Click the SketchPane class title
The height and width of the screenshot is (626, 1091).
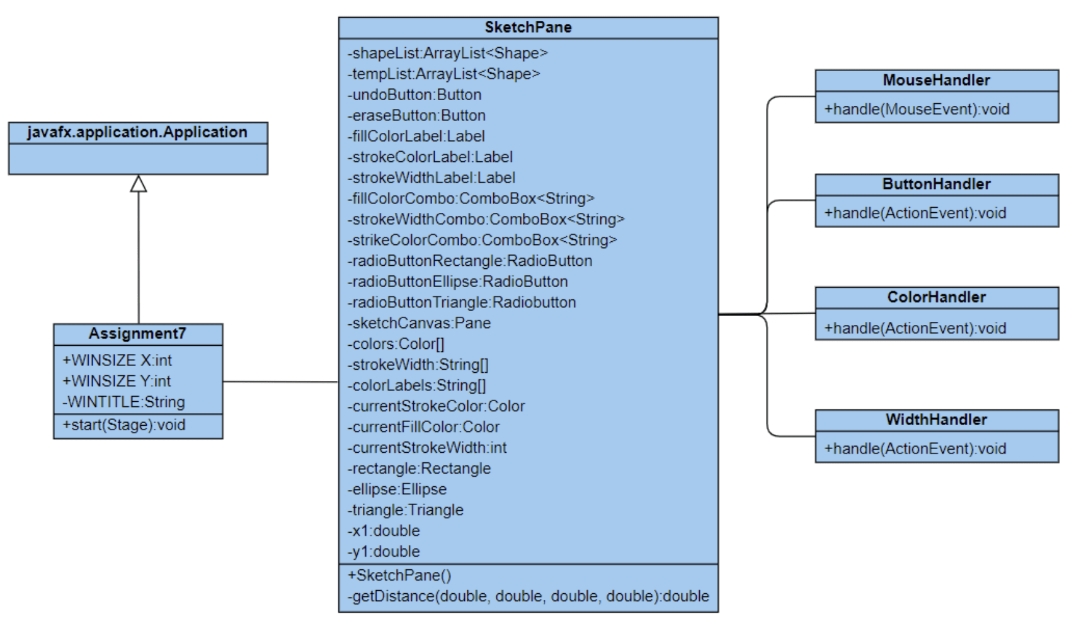coord(528,27)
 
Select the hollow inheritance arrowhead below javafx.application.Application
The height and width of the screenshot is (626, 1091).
coord(139,183)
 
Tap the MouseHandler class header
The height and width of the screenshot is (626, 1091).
coord(936,80)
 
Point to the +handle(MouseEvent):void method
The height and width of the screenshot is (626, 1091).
coord(917,109)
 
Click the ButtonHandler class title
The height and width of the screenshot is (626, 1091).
coord(936,184)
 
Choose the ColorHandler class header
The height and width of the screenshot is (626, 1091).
coord(936,297)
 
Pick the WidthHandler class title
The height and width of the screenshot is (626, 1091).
coord(936,419)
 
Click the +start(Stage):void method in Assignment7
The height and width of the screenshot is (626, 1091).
coord(124,425)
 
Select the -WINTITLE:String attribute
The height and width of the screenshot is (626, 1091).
coord(123,402)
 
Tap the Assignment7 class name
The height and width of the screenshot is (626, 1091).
coord(137,333)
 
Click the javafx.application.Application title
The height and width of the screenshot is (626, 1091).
coord(137,132)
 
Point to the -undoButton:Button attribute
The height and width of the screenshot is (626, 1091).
coord(414,94)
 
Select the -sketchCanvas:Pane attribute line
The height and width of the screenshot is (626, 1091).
coord(419,323)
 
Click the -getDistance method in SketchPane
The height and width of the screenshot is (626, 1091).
coord(528,596)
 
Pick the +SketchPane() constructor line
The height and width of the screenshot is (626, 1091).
coord(399,575)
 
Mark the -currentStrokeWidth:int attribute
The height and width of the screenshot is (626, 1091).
coord(427,448)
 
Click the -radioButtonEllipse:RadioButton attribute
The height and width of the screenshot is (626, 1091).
coord(458,282)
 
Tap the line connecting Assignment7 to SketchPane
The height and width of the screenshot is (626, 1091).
coord(280,382)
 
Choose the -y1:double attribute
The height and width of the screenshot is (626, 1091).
coord(384,552)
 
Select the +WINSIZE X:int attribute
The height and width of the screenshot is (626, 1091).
coord(117,360)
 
